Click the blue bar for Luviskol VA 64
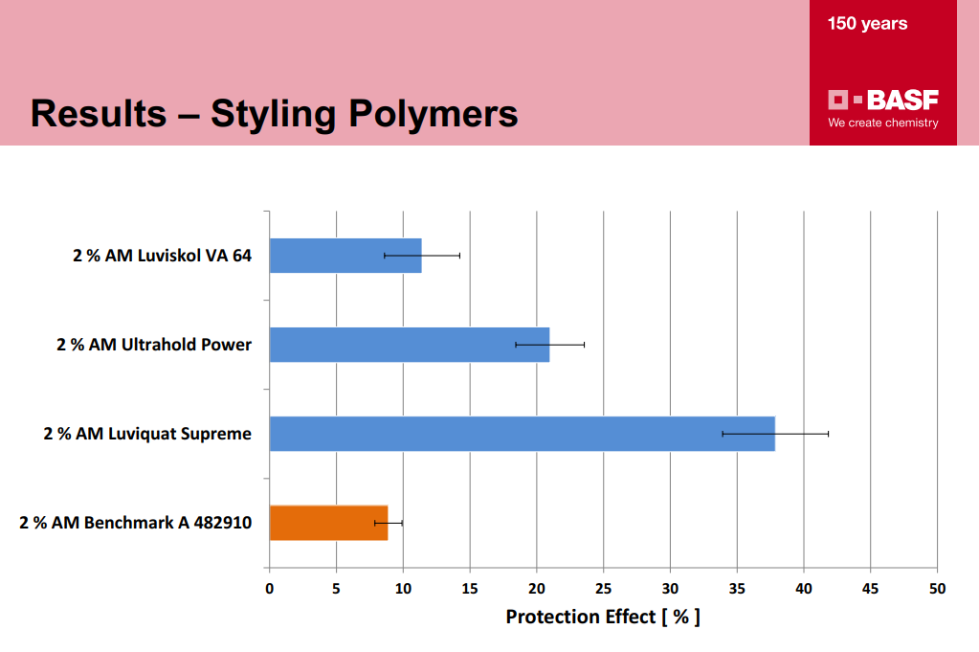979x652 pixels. (x=345, y=256)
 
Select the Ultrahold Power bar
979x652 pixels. (x=410, y=345)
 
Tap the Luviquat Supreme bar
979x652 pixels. (x=522, y=434)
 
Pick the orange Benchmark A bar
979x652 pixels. (x=328, y=523)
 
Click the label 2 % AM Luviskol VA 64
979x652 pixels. (x=163, y=256)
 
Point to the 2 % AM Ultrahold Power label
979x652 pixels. (x=154, y=345)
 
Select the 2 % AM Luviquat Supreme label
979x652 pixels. (x=147, y=434)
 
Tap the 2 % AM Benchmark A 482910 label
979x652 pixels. (x=136, y=523)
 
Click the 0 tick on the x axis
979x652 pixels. (x=269, y=588)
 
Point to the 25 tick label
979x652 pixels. (x=603, y=588)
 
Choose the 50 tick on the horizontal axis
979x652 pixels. (x=937, y=588)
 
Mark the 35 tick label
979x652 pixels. (x=737, y=588)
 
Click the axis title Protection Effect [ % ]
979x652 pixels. (x=603, y=617)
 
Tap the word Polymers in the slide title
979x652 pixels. (x=433, y=114)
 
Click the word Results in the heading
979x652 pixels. (x=99, y=114)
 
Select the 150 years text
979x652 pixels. (x=867, y=24)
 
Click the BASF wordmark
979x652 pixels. (x=902, y=100)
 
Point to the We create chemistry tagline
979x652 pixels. (x=883, y=124)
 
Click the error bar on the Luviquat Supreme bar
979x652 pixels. (x=775, y=434)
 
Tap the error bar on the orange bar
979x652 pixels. (x=389, y=523)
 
